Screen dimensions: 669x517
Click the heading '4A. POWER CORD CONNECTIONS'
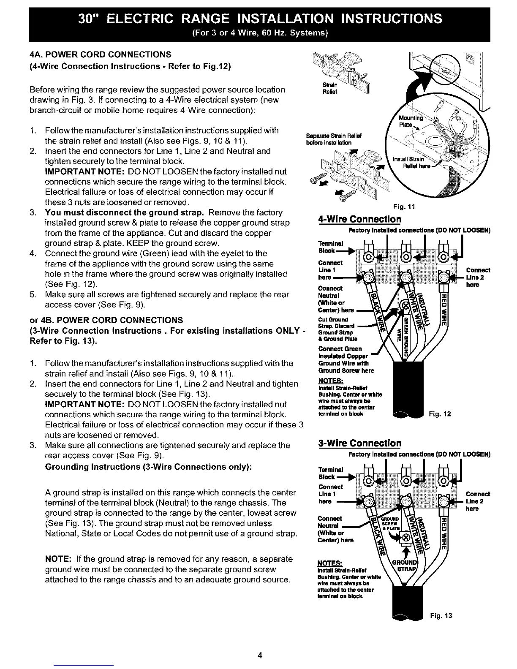[x=101, y=54]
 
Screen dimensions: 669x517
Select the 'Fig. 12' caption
[x=440, y=414]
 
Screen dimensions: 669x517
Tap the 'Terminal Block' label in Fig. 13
[x=330, y=473]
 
